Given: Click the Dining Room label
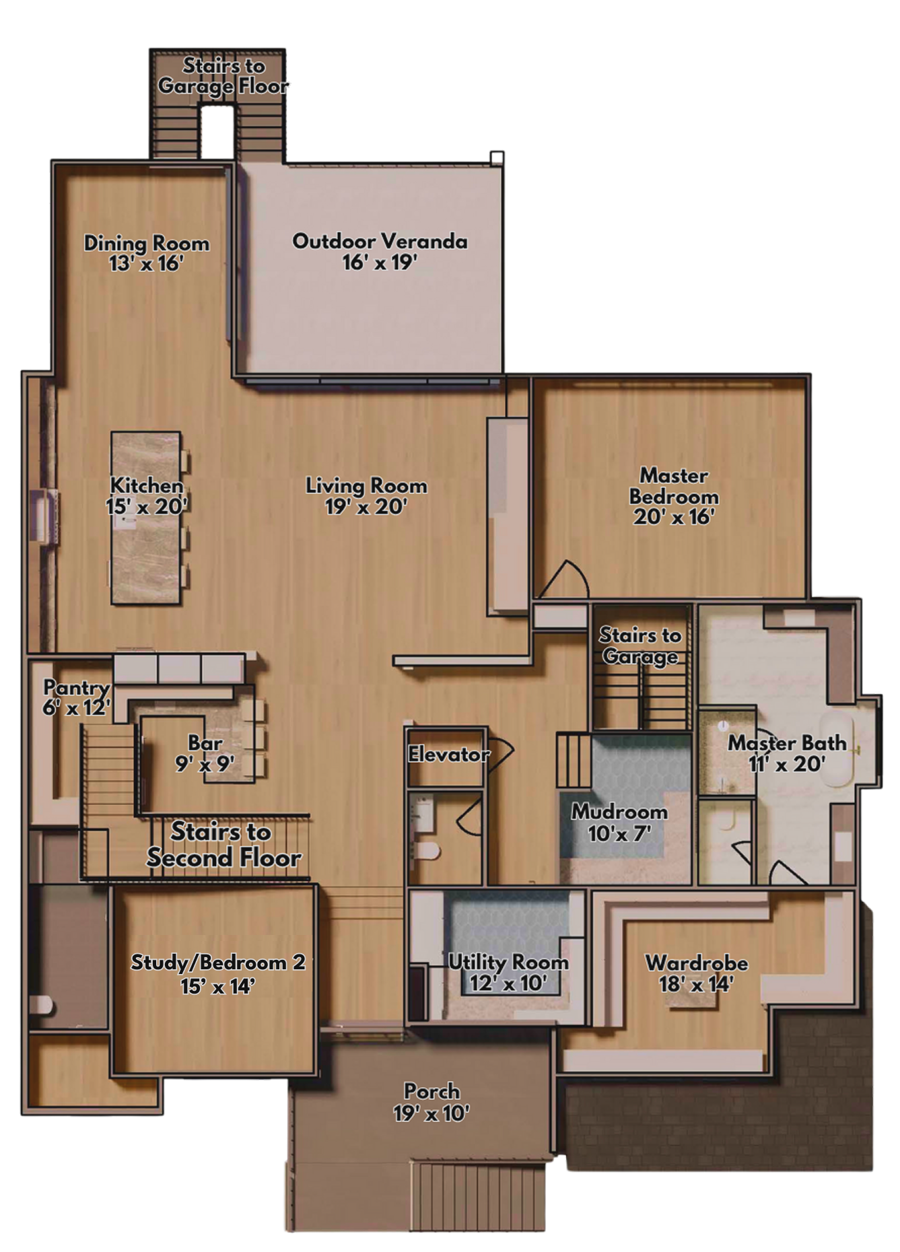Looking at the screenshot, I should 146,252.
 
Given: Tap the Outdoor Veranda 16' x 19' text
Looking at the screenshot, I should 380,251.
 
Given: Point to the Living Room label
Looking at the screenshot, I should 366,495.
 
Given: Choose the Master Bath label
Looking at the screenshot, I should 787,753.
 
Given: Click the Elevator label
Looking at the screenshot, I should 448,755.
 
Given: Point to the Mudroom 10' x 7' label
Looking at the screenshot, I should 619,823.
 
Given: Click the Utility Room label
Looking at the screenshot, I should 508,972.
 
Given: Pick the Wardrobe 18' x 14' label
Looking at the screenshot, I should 696,973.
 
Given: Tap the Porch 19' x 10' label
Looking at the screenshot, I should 431,1102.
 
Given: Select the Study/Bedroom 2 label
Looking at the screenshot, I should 217,973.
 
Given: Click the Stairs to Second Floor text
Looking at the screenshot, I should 223,845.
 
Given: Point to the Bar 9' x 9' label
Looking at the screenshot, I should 205,753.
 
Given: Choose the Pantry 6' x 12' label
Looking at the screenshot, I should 76,697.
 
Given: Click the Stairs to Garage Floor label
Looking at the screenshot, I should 223,75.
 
